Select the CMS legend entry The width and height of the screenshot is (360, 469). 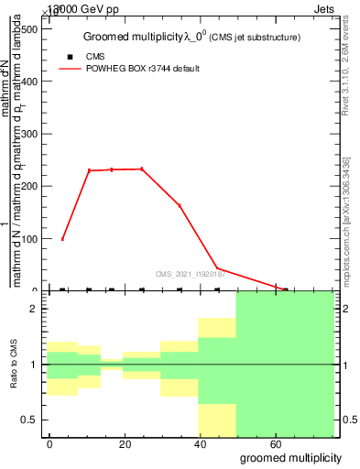pyautogui.click(x=94, y=57)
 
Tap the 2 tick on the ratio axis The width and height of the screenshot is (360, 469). pyautogui.click(x=35, y=309)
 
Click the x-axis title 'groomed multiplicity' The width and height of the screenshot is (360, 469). pyautogui.click(x=290, y=457)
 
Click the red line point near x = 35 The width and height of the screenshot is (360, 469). pyautogui.click(x=180, y=205)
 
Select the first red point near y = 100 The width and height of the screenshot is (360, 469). pyautogui.click(x=62, y=239)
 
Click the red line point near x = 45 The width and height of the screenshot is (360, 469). pyautogui.click(x=216, y=268)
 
